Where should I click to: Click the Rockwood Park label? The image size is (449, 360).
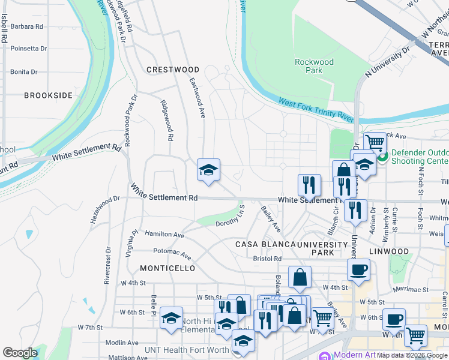point(314,66)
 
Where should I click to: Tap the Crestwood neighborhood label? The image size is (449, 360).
point(173,70)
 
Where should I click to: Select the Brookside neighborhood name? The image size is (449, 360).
point(49,95)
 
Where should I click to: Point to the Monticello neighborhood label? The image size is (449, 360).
point(167,268)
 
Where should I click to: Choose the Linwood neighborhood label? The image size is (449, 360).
point(389,252)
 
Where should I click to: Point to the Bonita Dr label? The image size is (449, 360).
point(24,71)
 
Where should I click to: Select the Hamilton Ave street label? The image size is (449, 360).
point(164,235)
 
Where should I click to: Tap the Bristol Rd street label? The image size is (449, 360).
point(267,259)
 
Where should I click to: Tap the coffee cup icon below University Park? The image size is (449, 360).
point(358,270)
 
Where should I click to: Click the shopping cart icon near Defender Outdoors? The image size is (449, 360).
point(375,143)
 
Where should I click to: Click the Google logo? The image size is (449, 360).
point(20,353)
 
